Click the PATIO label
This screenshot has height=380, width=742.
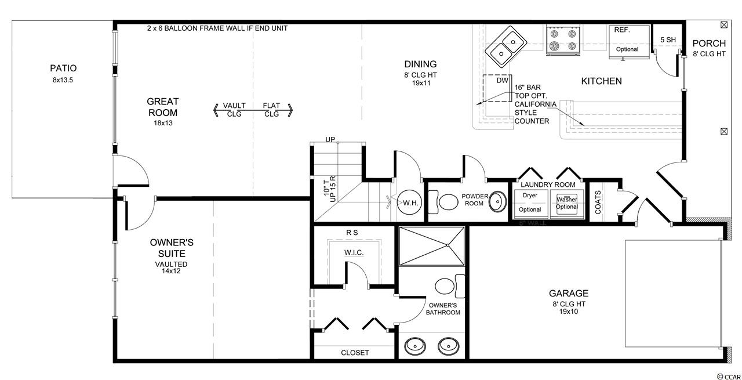[x=63, y=68]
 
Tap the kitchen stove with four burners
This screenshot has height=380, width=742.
[x=563, y=39]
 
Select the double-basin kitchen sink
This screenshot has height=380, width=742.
[x=506, y=46]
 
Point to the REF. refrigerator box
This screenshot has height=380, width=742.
[x=629, y=42]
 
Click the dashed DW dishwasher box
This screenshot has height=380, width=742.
[x=497, y=88]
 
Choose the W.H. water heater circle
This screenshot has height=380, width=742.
[x=409, y=202]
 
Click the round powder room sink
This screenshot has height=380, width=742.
[x=498, y=201]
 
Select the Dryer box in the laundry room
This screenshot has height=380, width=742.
[x=530, y=204]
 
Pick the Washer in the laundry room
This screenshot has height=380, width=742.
[x=567, y=204]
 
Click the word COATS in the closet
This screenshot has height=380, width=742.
[x=598, y=202]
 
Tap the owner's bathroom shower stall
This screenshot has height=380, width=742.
[x=432, y=246]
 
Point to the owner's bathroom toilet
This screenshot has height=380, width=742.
[x=449, y=286]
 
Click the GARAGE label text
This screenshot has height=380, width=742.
[x=569, y=293]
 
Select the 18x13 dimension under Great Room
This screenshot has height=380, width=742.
[x=163, y=123]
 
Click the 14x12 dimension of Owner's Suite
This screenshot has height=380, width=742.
[x=171, y=271]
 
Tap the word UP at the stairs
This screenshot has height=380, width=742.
[x=330, y=140]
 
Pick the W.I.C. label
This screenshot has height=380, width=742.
[x=354, y=253]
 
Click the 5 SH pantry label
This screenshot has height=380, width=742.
[x=668, y=40]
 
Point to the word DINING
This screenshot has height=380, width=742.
[x=420, y=64]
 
